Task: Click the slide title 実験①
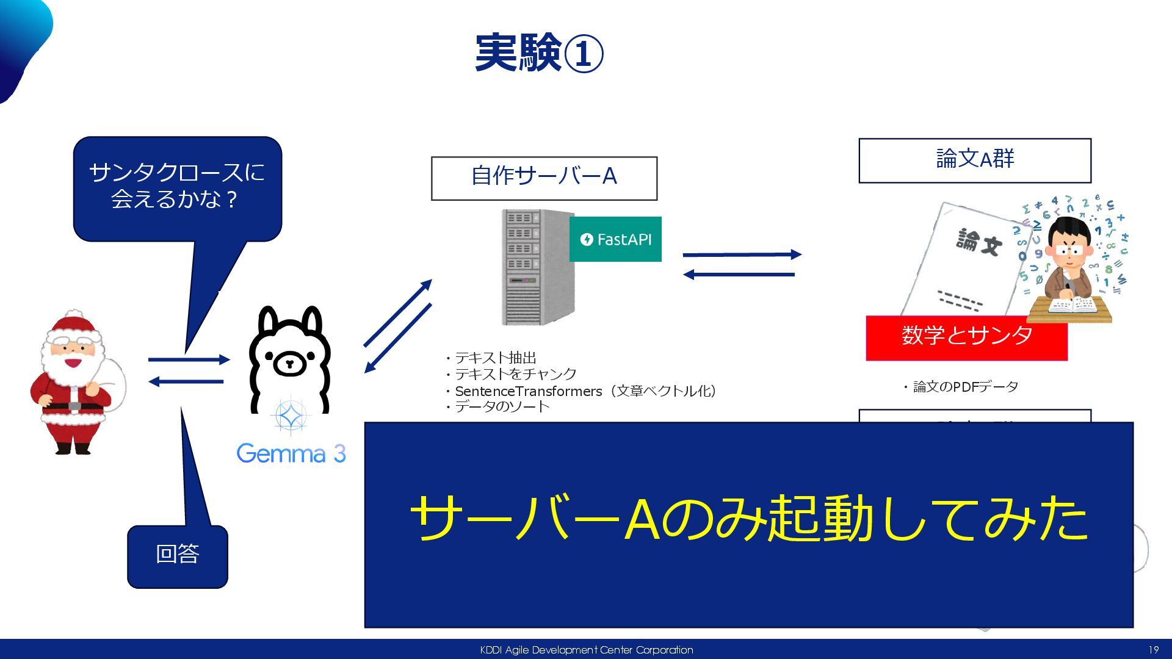coord(539,54)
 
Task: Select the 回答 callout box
coord(177,555)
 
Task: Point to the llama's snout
coord(289,364)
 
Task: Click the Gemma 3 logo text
coord(291,453)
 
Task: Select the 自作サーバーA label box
coord(544,178)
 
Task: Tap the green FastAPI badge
coord(615,239)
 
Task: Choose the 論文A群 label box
coord(974,160)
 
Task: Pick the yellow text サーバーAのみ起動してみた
coord(748,519)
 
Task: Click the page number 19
coord(1153,650)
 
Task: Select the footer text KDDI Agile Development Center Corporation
coord(586,650)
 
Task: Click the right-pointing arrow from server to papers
coord(742,254)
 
